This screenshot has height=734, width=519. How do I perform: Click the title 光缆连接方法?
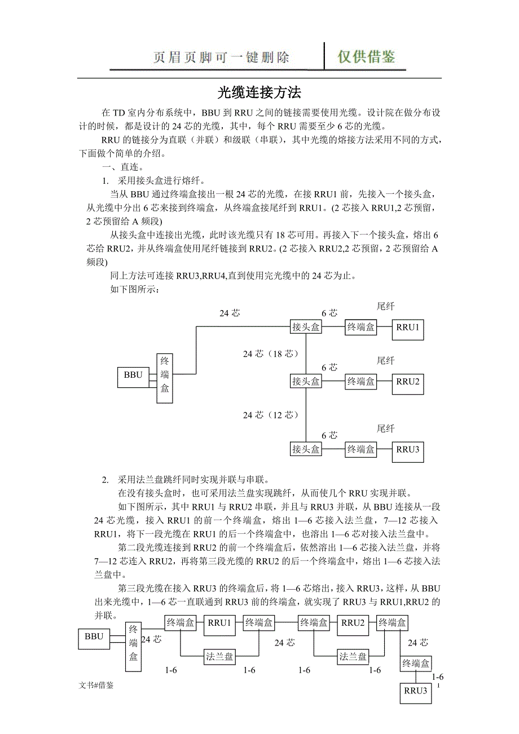point(259,92)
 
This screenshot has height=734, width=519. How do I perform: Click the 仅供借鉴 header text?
point(366,57)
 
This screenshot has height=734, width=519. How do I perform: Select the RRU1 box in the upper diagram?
point(408,328)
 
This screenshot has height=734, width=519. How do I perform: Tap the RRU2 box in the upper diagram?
point(408,382)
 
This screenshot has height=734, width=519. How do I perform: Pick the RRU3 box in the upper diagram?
point(408,450)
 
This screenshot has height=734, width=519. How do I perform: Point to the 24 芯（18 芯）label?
point(271,354)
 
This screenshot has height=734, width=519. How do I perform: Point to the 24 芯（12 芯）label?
point(271,415)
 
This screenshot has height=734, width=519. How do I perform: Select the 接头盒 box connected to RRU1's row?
point(306,327)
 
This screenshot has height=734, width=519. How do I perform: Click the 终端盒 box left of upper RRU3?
point(361,449)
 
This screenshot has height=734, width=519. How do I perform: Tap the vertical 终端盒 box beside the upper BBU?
point(165,378)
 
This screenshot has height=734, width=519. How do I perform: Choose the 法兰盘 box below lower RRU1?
point(219,657)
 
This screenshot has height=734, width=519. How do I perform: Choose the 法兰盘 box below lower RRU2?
point(353,657)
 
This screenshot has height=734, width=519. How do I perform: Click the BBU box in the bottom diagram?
point(94,638)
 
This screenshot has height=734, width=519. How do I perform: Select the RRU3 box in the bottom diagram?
point(416,693)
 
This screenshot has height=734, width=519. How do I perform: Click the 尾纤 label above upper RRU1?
point(385,306)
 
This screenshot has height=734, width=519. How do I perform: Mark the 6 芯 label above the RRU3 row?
point(329,435)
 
